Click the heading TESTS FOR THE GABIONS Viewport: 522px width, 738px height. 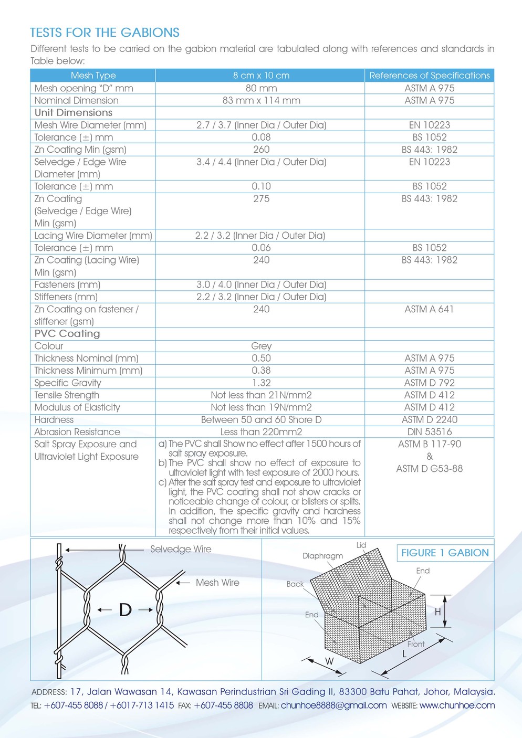point(105,33)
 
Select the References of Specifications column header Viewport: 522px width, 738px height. point(429,76)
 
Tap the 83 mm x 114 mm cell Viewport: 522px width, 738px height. point(261,100)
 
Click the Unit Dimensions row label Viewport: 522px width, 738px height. point(74,113)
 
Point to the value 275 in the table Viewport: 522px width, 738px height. point(261,199)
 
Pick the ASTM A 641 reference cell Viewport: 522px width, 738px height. point(429,309)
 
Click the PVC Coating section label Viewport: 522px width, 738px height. point(67,334)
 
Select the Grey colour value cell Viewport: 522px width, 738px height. point(261,346)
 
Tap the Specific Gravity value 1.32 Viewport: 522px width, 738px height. point(261,383)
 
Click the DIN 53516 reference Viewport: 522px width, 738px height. point(429,432)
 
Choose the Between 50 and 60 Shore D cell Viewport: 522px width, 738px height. point(261,420)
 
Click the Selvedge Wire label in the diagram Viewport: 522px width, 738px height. point(181,549)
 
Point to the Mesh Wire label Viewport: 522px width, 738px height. point(217,583)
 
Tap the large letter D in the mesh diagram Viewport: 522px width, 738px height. point(125,609)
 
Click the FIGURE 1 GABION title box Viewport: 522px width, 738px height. point(445,553)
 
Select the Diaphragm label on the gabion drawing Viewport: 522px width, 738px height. point(322,556)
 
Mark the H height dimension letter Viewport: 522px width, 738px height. point(437,612)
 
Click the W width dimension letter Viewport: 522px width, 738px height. point(329,661)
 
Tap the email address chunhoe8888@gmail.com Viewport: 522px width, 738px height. point(333,705)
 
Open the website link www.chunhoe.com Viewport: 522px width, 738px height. point(457,705)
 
